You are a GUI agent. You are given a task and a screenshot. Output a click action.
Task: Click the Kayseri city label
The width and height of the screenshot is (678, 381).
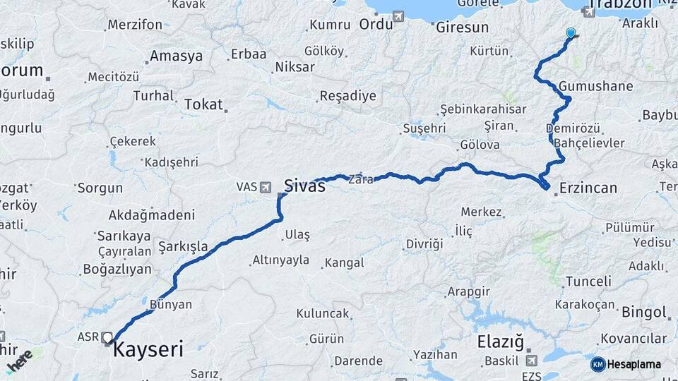click(x=148, y=349)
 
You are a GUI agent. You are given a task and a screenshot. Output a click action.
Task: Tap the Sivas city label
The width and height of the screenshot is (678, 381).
click(x=304, y=186)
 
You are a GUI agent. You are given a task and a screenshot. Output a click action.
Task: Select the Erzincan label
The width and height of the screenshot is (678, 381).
click(x=588, y=188)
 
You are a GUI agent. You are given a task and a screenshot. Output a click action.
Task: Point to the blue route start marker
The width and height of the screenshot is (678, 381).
click(x=571, y=32)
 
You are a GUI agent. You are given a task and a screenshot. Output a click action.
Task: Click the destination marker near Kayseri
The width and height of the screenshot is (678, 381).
click(x=108, y=338)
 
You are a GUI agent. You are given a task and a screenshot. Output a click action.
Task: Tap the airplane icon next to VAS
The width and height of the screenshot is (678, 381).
click(x=266, y=187)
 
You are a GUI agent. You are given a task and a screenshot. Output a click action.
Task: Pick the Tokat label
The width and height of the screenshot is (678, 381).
click(x=203, y=104)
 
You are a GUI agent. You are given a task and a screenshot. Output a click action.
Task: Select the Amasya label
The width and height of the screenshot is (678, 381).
click(x=176, y=56)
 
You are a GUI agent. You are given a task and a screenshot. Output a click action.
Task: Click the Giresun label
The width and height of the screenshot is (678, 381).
click(x=462, y=28)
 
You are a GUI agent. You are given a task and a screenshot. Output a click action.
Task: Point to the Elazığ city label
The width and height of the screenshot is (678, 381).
click(x=501, y=342)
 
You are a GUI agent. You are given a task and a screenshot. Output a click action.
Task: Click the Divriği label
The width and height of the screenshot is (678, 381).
click(x=424, y=244)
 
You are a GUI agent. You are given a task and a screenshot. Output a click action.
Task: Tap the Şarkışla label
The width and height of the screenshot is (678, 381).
click(x=183, y=246)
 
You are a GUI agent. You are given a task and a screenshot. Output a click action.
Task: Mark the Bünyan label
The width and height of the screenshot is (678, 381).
click(x=171, y=304)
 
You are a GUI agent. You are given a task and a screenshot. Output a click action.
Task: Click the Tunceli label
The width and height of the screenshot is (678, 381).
click(x=588, y=281)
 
